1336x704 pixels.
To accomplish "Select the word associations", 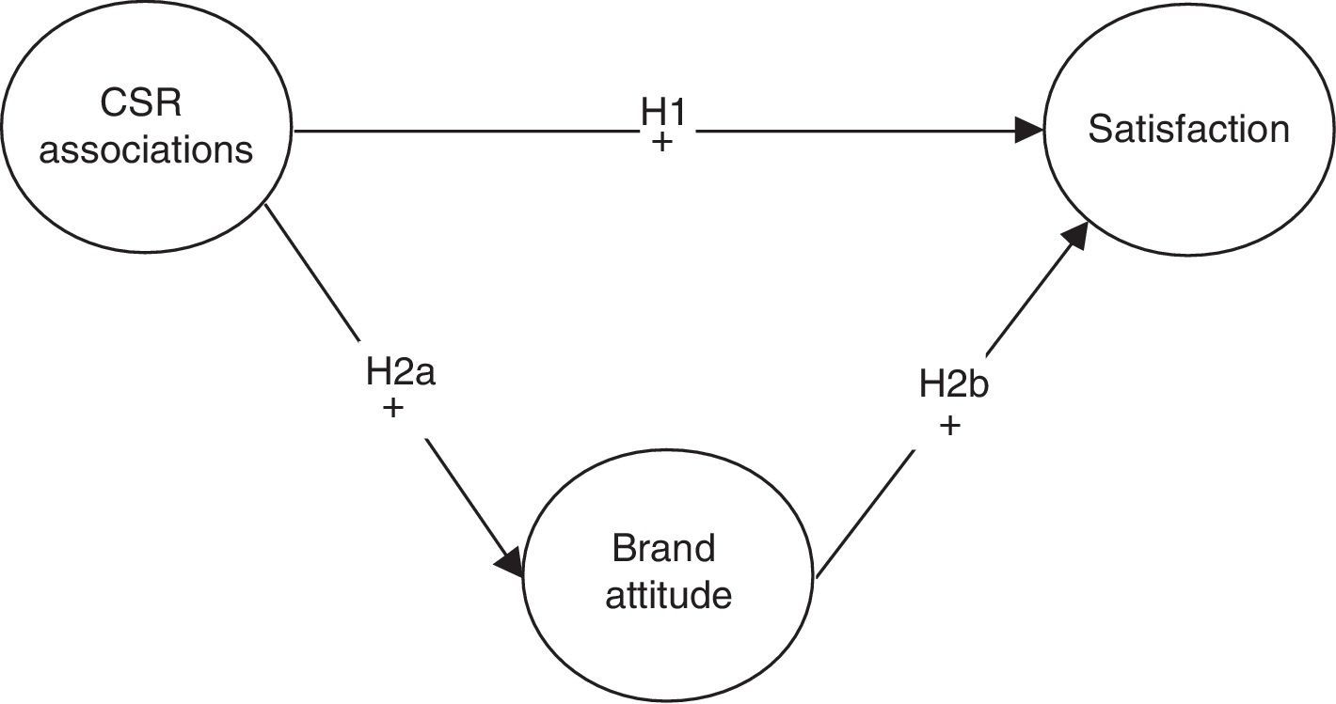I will [146, 149].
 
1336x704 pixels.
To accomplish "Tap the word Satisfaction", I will [1188, 130].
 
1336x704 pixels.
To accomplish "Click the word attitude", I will [668, 595].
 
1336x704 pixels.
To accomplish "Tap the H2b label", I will [953, 384].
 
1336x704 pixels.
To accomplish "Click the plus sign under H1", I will [663, 145].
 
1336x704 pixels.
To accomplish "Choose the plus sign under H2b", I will [950, 425].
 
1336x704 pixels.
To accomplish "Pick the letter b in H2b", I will [978, 384].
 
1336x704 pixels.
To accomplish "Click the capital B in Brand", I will [623, 548].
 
